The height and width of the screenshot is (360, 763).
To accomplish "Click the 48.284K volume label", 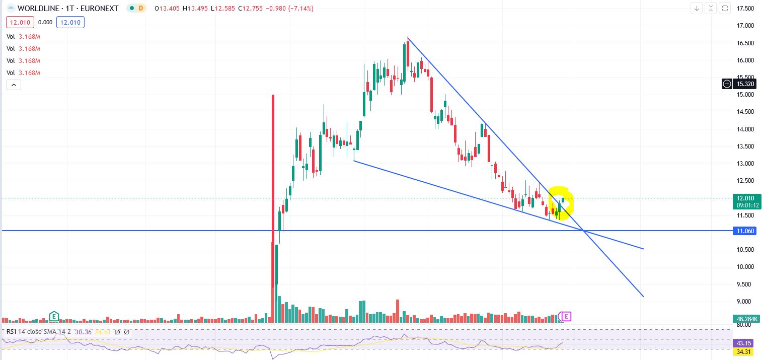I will [x=746, y=319].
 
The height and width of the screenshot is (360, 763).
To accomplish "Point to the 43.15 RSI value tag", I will [x=746, y=342].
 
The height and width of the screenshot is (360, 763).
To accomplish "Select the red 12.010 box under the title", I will [x=19, y=22].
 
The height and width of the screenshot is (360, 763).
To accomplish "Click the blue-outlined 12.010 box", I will [x=70, y=22].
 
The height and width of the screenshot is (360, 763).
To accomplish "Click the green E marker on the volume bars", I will [x=54, y=316].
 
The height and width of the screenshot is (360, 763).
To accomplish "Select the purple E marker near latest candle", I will [x=567, y=316].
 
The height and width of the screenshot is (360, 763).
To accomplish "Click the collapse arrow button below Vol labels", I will [x=14, y=85].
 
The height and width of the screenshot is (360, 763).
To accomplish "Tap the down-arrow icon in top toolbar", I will [x=697, y=8].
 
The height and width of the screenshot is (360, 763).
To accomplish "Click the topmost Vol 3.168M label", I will [x=23, y=36].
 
